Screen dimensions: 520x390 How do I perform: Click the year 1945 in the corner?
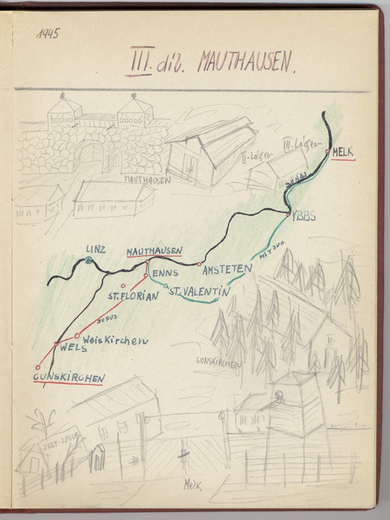48,34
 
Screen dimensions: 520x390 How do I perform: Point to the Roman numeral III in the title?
139,61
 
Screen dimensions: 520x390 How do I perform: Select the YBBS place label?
303,217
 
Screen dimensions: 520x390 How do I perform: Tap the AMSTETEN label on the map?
228,269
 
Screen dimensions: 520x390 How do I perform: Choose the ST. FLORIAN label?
133,296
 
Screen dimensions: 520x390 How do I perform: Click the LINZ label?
96,249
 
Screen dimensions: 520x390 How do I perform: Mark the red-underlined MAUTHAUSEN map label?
154,251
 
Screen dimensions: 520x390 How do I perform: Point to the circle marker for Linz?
88,261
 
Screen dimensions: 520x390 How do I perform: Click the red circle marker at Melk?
328,151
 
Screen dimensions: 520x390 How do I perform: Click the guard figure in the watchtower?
277,398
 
